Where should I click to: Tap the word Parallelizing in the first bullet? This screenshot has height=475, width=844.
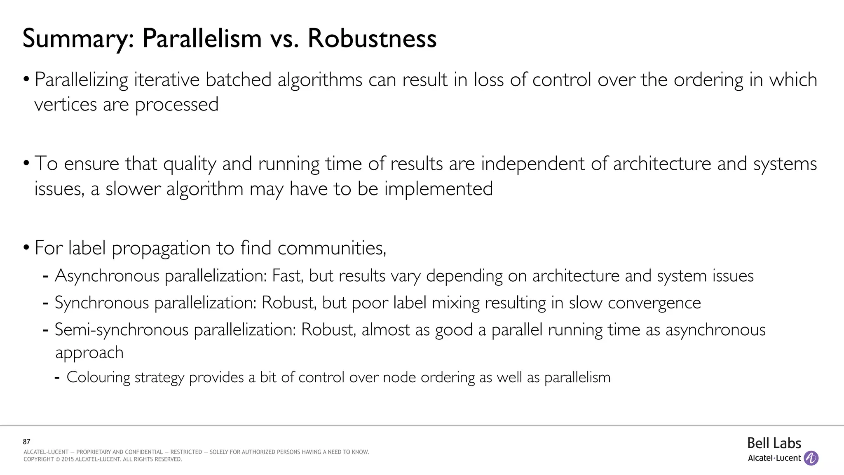click(81, 80)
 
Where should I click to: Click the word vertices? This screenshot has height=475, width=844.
click(65, 104)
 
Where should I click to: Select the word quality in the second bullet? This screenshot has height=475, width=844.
click(190, 164)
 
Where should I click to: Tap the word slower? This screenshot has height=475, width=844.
click(133, 189)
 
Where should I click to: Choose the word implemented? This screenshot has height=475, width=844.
click(438, 189)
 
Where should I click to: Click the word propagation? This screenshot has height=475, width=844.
click(161, 248)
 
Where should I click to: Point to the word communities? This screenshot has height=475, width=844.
click(331, 248)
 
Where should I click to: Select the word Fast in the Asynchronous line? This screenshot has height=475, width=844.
click(287, 276)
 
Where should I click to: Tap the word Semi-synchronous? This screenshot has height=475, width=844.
click(122, 330)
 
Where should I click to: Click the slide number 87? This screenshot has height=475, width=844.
click(27, 442)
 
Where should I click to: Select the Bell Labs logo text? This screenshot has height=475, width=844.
click(774, 443)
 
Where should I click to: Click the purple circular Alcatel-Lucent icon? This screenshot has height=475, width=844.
click(811, 458)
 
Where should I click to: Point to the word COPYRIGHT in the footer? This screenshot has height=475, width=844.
click(39, 459)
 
